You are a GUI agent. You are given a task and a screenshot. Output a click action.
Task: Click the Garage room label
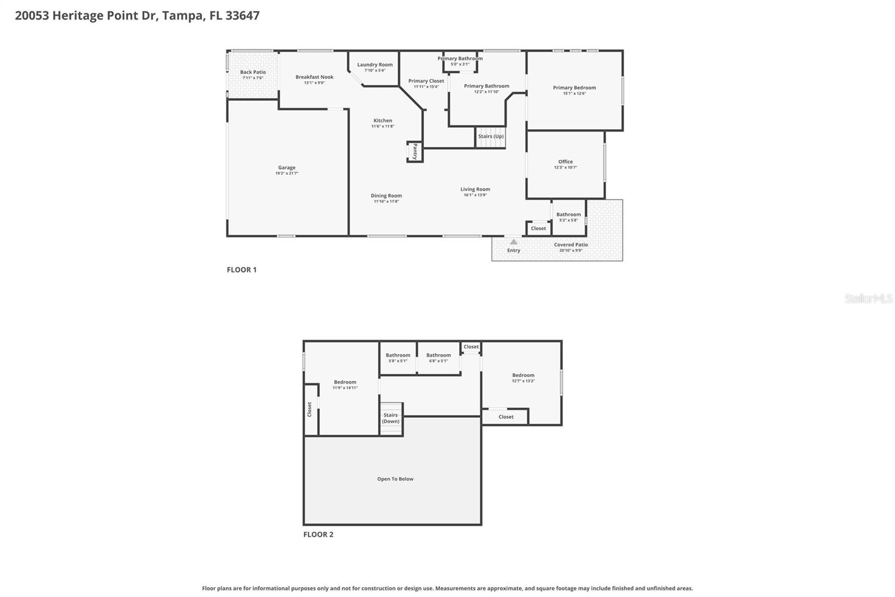(286, 167)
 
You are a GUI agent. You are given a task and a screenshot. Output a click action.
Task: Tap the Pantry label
(414, 151)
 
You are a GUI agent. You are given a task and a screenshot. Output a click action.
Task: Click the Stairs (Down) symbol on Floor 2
(391, 419)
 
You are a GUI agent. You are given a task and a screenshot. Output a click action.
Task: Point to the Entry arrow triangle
(514, 242)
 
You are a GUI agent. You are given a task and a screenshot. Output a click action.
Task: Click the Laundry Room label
(375, 64)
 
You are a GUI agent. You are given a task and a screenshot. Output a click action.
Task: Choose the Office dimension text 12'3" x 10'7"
(566, 167)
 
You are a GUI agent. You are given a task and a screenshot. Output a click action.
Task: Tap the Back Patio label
(253, 72)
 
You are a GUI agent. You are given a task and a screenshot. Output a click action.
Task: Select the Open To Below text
(395, 479)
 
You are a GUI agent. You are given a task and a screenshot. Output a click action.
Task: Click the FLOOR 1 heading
(242, 269)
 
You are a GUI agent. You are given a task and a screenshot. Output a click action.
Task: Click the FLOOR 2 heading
(318, 534)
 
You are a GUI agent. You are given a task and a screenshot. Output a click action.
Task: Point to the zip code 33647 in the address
(242, 15)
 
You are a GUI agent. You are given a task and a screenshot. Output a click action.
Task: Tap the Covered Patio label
(571, 245)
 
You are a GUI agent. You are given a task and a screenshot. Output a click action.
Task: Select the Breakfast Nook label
(314, 77)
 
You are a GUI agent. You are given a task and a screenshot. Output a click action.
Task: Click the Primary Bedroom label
(574, 87)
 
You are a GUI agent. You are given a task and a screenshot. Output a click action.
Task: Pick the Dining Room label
(386, 195)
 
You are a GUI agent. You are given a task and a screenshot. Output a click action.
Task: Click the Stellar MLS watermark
(868, 298)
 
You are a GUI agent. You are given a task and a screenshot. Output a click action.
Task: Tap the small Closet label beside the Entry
(538, 228)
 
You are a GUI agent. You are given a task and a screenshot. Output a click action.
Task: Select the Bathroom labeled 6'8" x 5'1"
(439, 355)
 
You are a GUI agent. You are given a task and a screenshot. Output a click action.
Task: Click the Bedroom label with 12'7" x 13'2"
(523, 375)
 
